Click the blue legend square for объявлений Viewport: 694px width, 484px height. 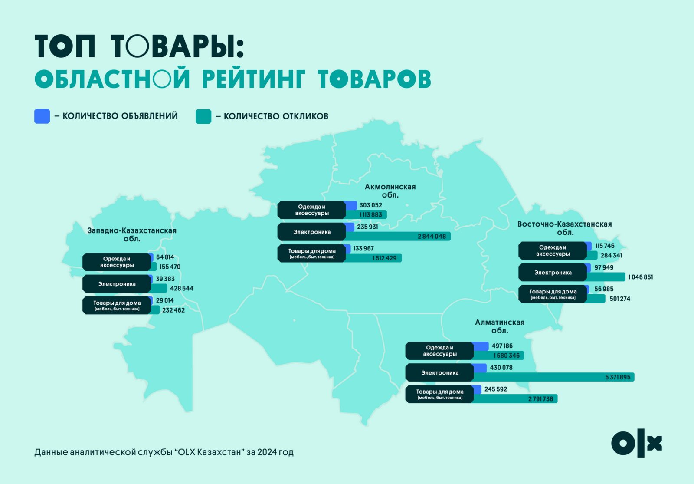click(42, 116)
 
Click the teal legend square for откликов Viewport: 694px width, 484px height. click(203, 116)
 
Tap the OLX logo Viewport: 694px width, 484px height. click(636, 443)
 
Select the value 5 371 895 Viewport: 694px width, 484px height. click(618, 377)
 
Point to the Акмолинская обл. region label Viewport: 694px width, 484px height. click(390, 191)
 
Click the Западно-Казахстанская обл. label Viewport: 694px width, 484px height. click(132, 235)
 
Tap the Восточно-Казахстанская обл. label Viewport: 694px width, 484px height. click(564, 228)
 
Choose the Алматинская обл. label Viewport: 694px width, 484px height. click(500, 326)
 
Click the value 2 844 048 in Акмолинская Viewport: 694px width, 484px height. click(432, 236)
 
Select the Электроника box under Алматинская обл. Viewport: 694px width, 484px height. click(440, 373)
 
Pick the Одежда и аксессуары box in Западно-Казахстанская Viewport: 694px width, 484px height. click(117, 262)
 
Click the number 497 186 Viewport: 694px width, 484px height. click(502, 346)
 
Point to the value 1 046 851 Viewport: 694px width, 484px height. click(640, 277)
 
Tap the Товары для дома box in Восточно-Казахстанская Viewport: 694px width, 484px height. click(553, 294)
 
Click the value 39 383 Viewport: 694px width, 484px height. click(165, 279)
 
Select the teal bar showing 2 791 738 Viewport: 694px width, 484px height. click(516, 399)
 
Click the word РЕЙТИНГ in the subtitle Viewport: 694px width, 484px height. click(254, 79)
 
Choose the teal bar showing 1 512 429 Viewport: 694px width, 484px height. click(373, 258)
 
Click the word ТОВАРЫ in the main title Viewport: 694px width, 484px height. click(177, 46)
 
